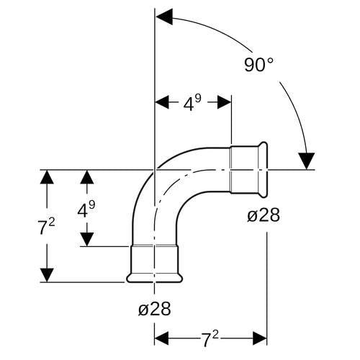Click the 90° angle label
[x=258, y=64]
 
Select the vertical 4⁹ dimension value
[x=86, y=210]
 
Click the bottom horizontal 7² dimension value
[x=210, y=339]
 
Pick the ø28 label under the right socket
[x=264, y=215]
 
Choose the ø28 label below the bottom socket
[x=155, y=309]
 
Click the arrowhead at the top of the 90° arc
[x=164, y=17]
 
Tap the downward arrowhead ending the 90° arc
[x=306, y=161]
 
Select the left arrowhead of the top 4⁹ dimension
[x=163, y=102]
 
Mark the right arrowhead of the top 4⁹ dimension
[x=224, y=102]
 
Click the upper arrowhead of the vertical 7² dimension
[x=47, y=177]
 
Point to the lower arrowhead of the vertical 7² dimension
[x=47, y=275]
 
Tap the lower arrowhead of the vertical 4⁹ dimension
[x=87, y=239]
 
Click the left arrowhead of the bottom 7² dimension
[x=161, y=338]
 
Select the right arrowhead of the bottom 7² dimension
[x=260, y=338]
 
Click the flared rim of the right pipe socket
[x=263, y=170]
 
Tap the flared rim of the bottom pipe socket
[x=155, y=278]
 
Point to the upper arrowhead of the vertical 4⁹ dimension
[x=87, y=177]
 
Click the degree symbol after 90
[x=270, y=60]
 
